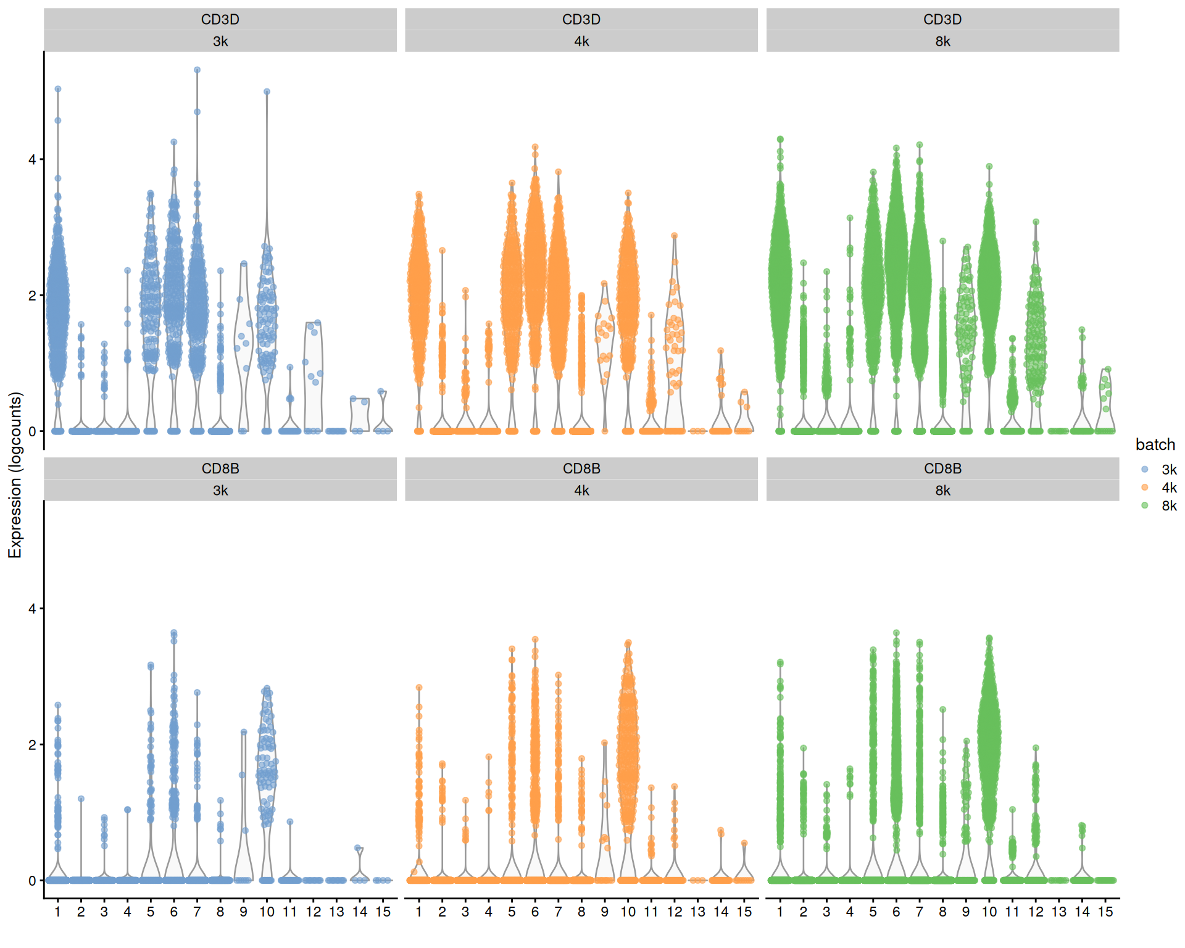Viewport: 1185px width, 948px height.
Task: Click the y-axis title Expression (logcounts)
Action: coord(15,475)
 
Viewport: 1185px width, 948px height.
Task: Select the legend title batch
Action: coord(1155,444)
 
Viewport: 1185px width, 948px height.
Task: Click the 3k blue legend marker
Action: coord(1145,469)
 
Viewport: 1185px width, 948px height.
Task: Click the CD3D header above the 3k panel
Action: coord(220,19)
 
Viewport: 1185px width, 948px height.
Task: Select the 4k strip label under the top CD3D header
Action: coord(581,41)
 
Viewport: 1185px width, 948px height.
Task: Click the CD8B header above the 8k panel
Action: coord(942,468)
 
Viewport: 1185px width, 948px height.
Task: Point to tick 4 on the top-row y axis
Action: coord(32,159)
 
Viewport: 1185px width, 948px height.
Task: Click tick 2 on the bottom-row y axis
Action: coord(32,744)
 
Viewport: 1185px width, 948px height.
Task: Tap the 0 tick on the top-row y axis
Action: coord(32,431)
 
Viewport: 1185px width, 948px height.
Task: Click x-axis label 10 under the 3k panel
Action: coord(267,912)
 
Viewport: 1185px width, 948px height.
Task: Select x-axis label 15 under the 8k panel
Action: coord(1105,912)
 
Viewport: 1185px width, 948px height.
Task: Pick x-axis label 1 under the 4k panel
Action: coord(419,912)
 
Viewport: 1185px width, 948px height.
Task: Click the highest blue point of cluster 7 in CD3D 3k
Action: coord(197,70)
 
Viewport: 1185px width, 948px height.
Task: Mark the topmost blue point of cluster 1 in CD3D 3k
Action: coord(58,89)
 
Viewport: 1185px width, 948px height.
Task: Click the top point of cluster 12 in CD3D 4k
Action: coord(675,236)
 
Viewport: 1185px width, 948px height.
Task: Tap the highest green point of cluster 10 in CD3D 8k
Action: coord(989,167)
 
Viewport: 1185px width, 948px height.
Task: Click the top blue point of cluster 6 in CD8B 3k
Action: coord(174,633)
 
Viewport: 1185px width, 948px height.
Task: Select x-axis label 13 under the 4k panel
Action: coord(697,912)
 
